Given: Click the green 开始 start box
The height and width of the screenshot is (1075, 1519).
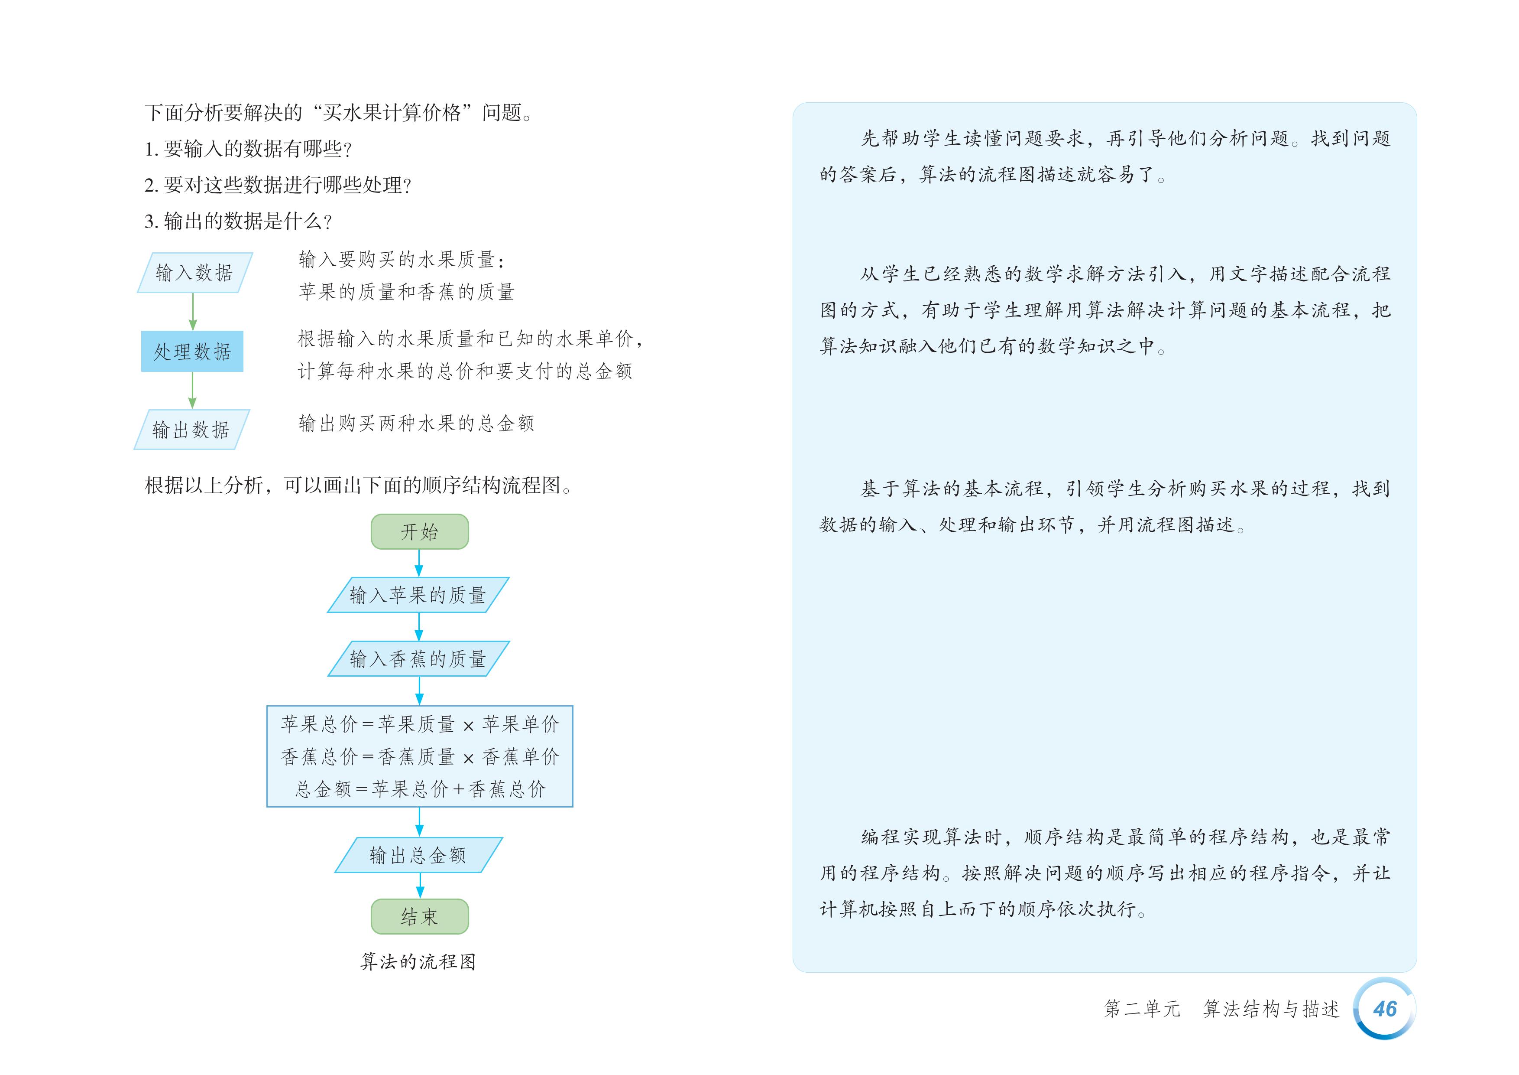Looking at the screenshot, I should (x=419, y=531).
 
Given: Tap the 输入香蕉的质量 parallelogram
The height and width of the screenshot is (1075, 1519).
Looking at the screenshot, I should (x=418, y=658).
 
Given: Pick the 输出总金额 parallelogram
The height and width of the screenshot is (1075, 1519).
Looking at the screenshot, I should (x=418, y=855).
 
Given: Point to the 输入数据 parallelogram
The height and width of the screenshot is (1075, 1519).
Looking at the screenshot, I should (x=194, y=272).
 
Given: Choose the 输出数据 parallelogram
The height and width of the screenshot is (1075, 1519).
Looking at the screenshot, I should (x=191, y=430).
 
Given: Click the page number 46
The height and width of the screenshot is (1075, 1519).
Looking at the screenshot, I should (x=1384, y=1009).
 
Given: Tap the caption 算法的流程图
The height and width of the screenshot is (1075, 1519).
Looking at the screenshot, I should (x=418, y=961).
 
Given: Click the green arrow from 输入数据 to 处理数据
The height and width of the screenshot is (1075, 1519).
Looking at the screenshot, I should (x=192, y=311).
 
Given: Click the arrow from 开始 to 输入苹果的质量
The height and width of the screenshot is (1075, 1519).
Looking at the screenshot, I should (x=419, y=563).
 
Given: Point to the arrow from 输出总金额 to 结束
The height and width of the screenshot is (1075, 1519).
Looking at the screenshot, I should (x=419, y=885).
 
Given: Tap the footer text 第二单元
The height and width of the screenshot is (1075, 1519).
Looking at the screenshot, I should (x=1142, y=1009).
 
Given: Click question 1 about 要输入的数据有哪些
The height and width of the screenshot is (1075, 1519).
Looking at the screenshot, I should (x=248, y=149).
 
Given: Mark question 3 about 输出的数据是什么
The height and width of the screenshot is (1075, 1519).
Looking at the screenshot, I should (x=238, y=221).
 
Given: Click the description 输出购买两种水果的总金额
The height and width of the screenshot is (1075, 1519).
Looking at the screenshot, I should (x=416, y=423).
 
